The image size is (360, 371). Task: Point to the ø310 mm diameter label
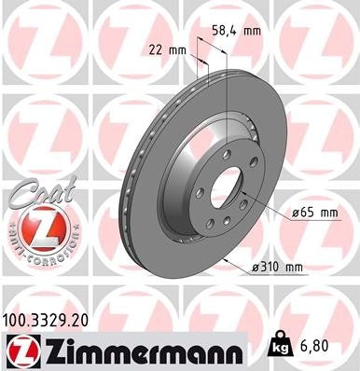pos(279,268)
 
